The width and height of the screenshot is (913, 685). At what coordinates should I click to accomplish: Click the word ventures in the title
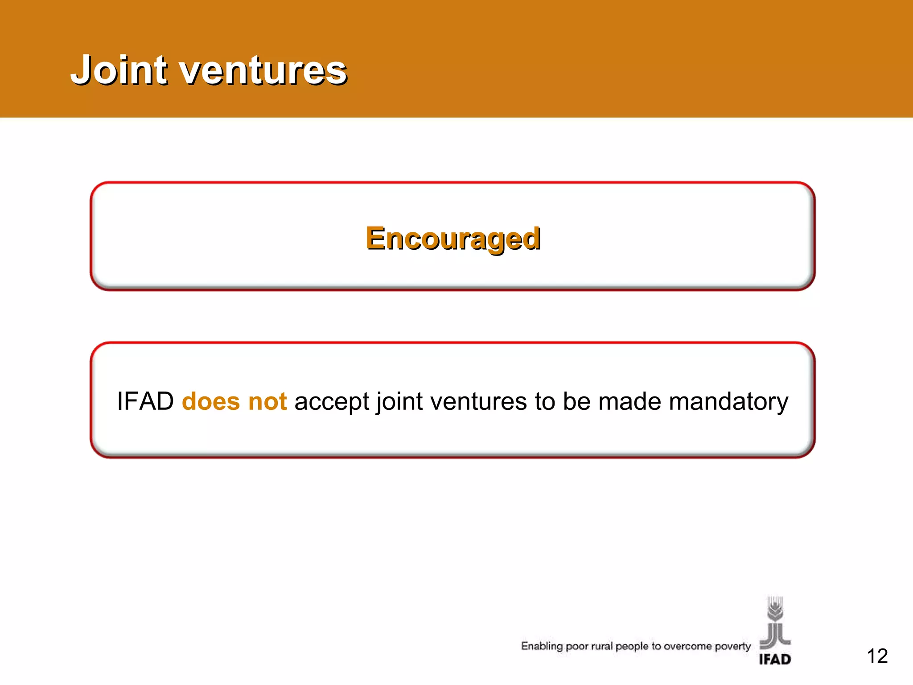[x=263, y=71]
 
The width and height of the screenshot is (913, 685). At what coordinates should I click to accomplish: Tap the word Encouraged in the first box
[x=453, y=239]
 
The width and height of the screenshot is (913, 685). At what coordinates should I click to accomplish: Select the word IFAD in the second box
[x=145, y=401]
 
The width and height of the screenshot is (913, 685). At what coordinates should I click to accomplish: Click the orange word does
[x=211, y=401]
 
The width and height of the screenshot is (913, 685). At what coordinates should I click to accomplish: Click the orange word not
[x=267, y=401]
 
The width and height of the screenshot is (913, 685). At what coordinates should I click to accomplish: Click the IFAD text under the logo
[x=775, y=659]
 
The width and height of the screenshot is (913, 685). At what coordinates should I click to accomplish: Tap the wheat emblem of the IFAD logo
[x=775, y=622]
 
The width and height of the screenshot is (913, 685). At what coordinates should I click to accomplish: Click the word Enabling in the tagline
[x=542, y=647]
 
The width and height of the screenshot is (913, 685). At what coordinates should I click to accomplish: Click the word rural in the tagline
[x=602, y=646]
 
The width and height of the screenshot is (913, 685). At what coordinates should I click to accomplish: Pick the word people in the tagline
[x=632, y=647]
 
